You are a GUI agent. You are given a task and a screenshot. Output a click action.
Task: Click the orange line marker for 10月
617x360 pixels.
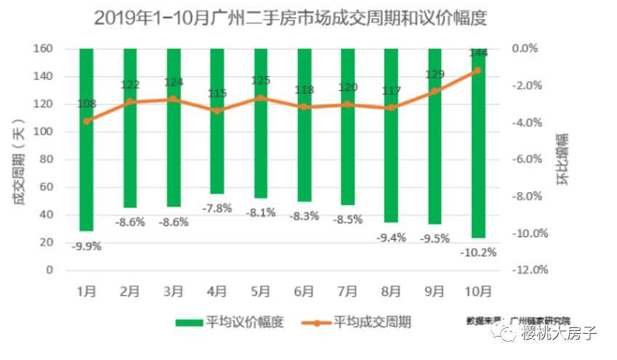pyautogui.click(x=477, y=71)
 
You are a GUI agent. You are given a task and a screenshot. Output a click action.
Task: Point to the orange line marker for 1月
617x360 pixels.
pyautogui.click(x=86, y=121)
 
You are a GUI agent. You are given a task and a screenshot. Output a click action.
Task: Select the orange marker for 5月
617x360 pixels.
pyautogui.click(x=261, y=97)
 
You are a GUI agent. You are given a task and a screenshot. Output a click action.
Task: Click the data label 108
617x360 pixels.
pyautogui.click(x=86, y=104)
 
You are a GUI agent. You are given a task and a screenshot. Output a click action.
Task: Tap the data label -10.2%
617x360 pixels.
pyautogui.click(x=477, y=252)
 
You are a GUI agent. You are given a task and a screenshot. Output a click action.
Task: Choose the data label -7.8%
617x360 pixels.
pyautogui.click(x=217, y=208)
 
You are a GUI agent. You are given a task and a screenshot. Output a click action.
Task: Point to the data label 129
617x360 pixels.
pyautogui.click(x=434, y=74)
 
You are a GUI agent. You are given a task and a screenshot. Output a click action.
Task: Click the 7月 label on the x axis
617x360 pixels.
pyautogui.click(x=347, y=291)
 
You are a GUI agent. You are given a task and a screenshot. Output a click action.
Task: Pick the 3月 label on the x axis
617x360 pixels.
pyautogui.click(x=174, y=291)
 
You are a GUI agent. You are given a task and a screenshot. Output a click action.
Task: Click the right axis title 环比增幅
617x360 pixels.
pyautogui.click(x=564, y=160)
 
